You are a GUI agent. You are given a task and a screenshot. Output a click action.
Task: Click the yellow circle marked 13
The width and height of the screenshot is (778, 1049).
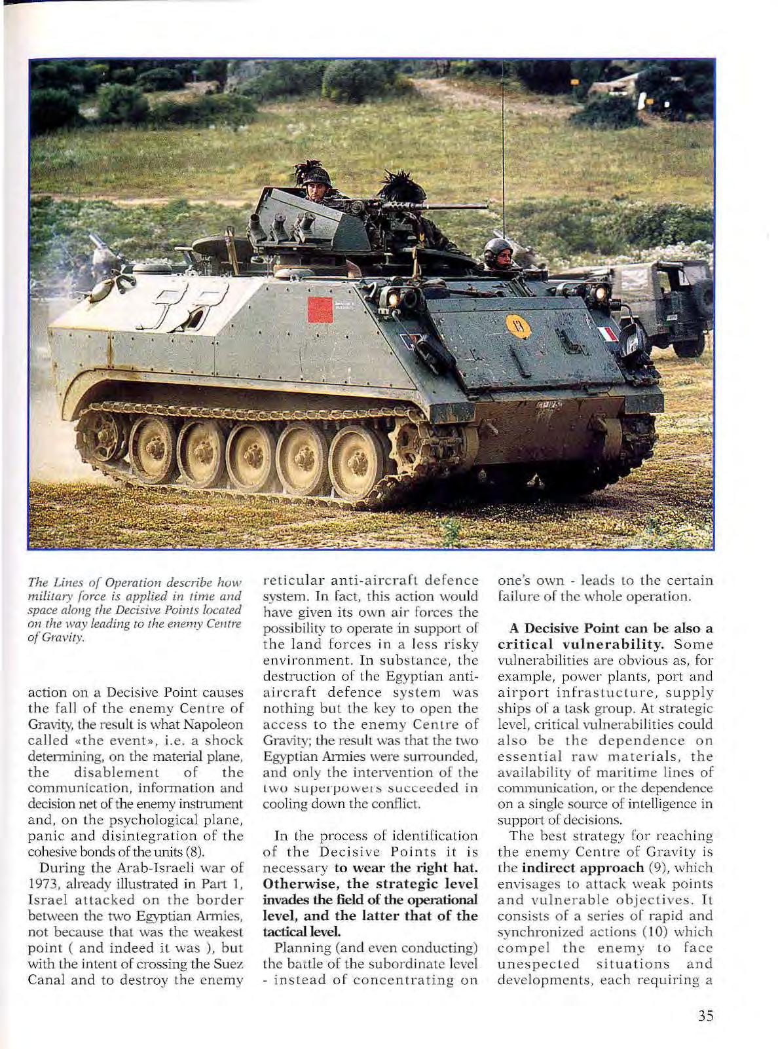(518, 325)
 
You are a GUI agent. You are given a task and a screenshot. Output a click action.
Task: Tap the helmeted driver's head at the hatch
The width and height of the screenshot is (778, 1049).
(498, 253)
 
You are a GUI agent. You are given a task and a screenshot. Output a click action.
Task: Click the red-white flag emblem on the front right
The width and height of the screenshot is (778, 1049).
(608, 334)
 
